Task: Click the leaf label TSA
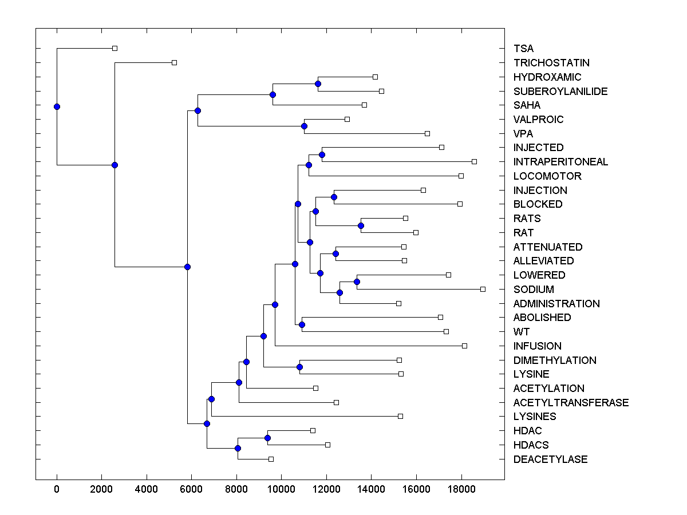[523, 49]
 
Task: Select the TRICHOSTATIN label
[551, 63]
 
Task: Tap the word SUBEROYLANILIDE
[560, 92]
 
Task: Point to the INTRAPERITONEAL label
[560, 162]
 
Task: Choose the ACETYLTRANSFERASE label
[571, 403]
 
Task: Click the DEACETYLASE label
[550, 459]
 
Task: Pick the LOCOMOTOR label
[547, 176]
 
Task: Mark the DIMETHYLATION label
[555, 360]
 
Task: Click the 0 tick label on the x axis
[57, 490]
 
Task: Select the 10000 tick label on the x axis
[281, 490]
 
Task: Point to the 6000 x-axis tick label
[191, 490]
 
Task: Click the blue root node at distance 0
[57, 106]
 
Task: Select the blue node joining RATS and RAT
[361, 225]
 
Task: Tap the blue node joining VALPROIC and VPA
[304, 126]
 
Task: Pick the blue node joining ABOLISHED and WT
[302, 324]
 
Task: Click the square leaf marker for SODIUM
[483, 289]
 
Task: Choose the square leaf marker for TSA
[114, 48]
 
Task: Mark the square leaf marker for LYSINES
[400, 416]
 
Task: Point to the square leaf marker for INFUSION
[464, 346]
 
